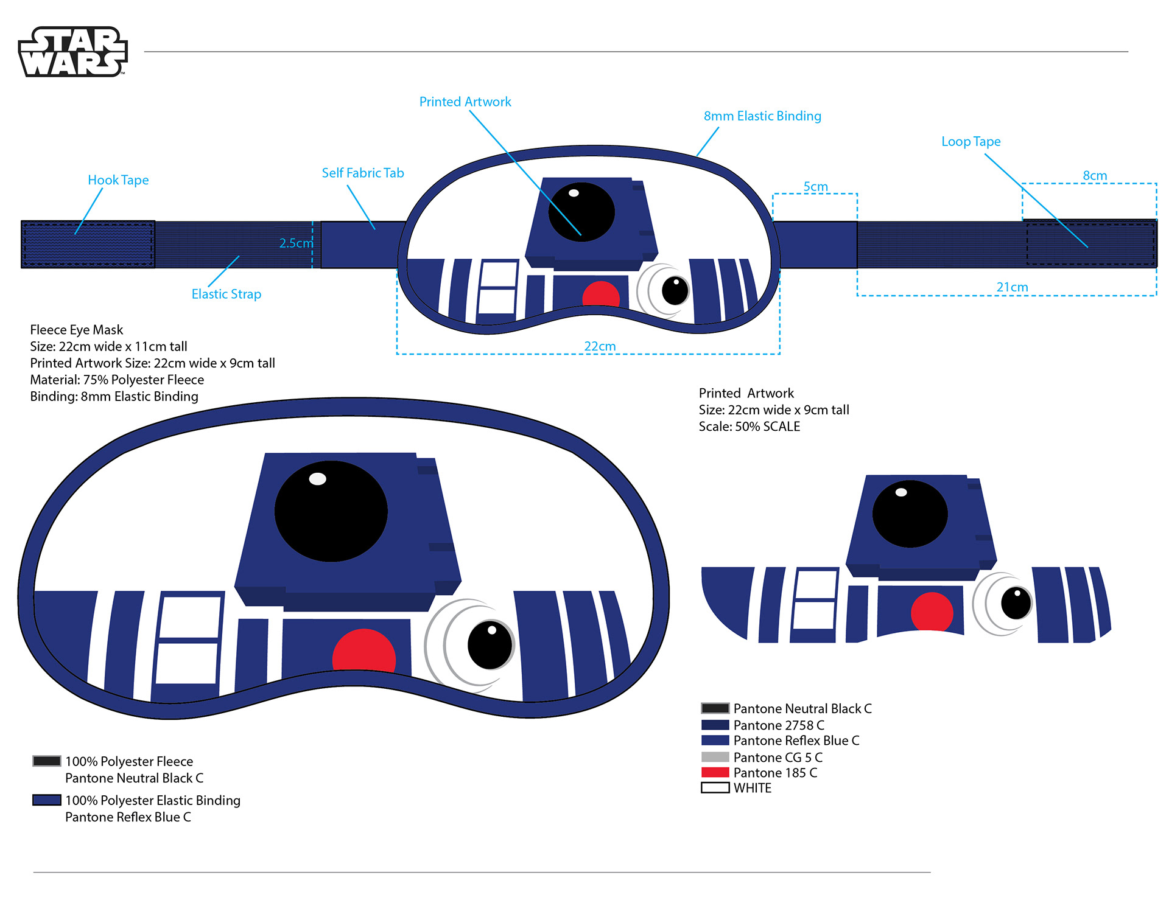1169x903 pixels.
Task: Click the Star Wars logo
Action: tap(73, 52)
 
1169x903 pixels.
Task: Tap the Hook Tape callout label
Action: tap(118, 180)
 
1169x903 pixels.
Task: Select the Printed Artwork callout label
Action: tap(465, 102)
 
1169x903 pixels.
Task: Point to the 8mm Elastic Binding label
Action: tap(762, 116)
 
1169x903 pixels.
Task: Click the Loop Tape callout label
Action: tap(971, 141)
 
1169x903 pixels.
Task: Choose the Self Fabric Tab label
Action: tap(363, 173)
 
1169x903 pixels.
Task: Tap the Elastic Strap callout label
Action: tap(226, 294)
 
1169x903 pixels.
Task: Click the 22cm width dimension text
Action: tap(600, 346)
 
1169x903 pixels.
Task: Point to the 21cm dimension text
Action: tap(1012, 287)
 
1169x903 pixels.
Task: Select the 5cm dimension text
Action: tap(815, 186)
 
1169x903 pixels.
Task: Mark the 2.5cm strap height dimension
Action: tap(296, 243)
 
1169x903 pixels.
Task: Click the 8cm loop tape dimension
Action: tap(1094, 176)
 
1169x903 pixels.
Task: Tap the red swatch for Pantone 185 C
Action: tap(715, 772)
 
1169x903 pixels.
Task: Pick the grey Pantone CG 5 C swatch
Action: tap(715, 757)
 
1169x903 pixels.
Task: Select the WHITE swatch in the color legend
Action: tap(715, 787)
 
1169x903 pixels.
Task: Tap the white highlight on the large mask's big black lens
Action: tap(317, 479)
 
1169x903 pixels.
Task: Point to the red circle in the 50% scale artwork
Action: tap(932, 612)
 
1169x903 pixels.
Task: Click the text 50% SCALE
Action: tap(767, 427)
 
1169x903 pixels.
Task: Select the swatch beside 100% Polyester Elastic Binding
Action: tap(47, 800)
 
